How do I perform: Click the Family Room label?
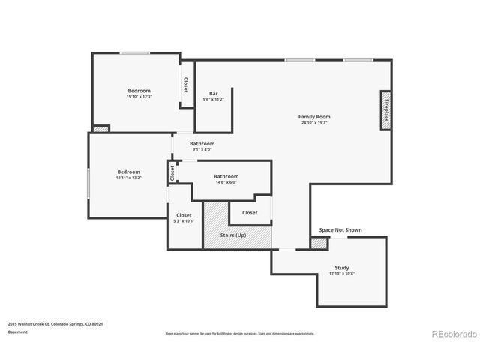pos(314,117)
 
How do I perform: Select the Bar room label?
pos(214,94)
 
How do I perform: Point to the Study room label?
pos(341,268)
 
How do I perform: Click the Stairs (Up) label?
pos(232,235)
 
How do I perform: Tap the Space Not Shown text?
pos(340,230)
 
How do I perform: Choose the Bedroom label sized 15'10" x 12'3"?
pos(139,91)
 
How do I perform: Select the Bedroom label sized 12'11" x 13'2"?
pos(128,172)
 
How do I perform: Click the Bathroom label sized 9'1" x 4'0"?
pos(202,144)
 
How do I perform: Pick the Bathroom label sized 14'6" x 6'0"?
pos(226,176)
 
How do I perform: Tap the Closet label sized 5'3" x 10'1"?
pos(184,215)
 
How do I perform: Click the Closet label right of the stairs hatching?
pos(250,213)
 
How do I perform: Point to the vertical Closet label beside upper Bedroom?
pos(185,85)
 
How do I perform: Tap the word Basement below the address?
pos(16,331)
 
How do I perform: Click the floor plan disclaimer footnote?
pos(240,333)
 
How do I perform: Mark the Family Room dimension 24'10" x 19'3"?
pos(314,123)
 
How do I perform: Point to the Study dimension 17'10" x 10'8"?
pos(341,274)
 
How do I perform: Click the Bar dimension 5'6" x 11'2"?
pos(214,100)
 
